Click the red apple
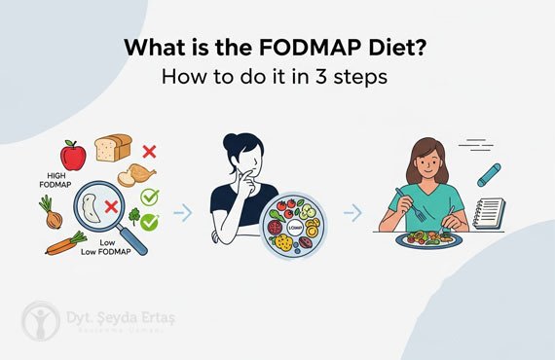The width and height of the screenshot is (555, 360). point(73,155)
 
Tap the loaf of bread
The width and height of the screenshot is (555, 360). point(112,148)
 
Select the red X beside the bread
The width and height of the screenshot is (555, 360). point(149,152)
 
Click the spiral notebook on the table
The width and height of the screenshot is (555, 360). point(488,215)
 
